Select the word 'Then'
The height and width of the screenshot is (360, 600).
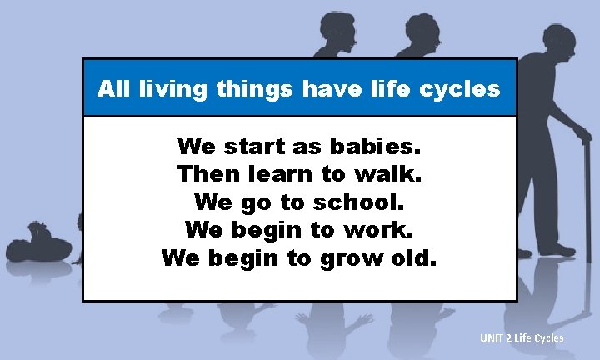(207, 175)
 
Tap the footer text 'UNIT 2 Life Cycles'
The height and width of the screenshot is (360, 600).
(522, 337)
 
